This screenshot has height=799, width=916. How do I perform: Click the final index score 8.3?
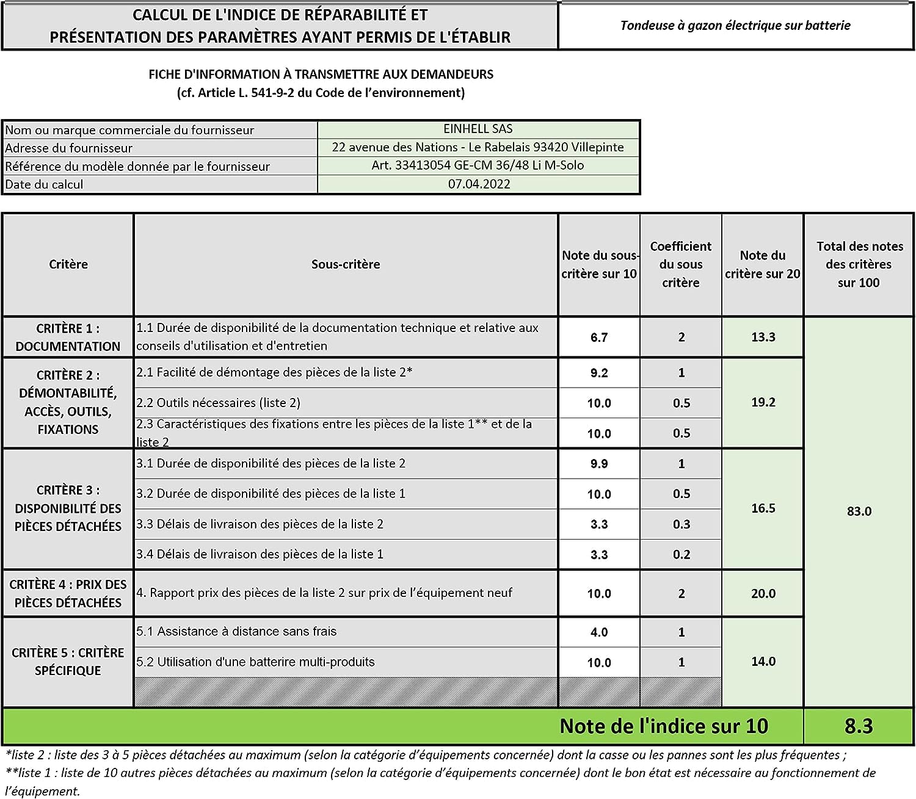[859, 726]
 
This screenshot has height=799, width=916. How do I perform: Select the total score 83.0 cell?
[859, 512]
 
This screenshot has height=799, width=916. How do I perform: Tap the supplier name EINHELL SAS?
[478, 129]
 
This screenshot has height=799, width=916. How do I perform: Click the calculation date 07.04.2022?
[479, 184]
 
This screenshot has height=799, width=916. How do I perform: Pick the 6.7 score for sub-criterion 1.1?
[599, 338]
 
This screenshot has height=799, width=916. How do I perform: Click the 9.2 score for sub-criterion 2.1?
[599, 373]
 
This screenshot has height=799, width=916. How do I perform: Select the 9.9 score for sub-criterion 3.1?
[599, 464]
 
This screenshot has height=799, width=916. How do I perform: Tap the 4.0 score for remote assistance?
[599, 632]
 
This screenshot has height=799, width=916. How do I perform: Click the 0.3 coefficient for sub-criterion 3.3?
[681, 524]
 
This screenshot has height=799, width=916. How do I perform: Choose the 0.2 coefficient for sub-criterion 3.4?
[681, 554]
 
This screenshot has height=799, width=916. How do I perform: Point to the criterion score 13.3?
[763, 338]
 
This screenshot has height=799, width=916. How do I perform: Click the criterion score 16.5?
[763, 508]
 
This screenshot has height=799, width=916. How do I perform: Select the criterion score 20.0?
[763, 593]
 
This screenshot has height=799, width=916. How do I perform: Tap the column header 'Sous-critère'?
[346, 264]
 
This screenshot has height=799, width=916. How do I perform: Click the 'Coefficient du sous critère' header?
[680, 264]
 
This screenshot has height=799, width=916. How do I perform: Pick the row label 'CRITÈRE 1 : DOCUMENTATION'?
[68, 337]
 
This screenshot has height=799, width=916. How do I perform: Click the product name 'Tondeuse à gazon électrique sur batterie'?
[735, 26]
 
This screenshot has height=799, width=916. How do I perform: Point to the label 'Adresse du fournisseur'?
[68, 148]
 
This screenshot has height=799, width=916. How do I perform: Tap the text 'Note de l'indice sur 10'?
[664, 726]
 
